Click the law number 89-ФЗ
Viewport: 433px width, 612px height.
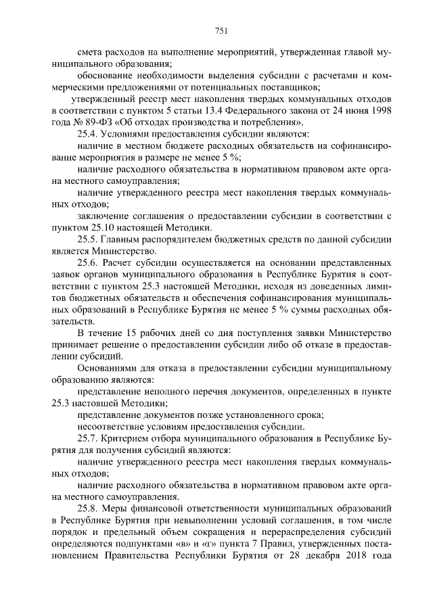point(91,122)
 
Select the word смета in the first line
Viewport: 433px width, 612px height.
point(90,52)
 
